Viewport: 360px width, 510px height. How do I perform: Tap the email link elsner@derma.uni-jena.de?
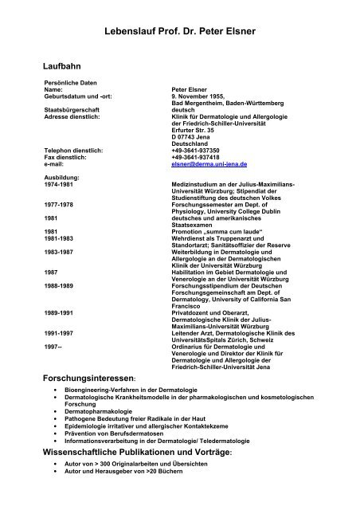click(209, 163)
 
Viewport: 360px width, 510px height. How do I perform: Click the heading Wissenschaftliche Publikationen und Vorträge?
click(147, 452)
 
